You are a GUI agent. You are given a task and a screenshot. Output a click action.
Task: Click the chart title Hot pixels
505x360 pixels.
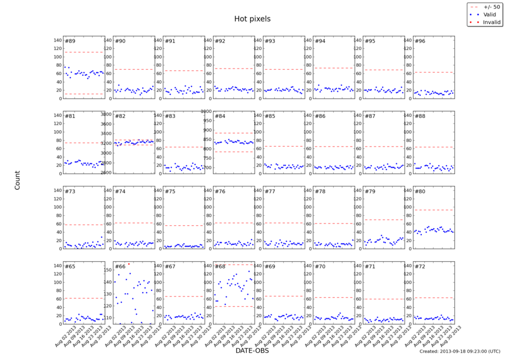pyautogui.click(x=252, y=19)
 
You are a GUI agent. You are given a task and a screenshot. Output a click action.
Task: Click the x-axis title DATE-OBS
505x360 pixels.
pyautogui.click(x=252, y=350)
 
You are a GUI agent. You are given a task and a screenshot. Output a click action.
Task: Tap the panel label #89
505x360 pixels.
pyautogui.click(x=70, y=41)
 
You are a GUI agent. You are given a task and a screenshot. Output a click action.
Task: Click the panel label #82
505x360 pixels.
pyautogui.click(x=120, y=116)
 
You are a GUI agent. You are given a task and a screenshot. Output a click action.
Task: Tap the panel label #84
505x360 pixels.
pyautogui.click(x=220, y=116)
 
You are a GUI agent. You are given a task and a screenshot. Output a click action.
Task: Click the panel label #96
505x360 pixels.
pyautogui.click(x=420, y=41)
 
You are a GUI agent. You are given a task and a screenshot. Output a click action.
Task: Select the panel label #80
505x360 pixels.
pyautogui.click(x=420, y=192)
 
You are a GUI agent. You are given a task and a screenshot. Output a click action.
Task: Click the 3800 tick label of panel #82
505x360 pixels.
pyautogui.click(x=105, y=114)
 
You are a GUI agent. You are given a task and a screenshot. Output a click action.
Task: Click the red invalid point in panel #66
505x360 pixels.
pyautogui.click(x=128, y=263)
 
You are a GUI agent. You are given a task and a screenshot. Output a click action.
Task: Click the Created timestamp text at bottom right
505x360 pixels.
pyautogui.click(x=460, y=351)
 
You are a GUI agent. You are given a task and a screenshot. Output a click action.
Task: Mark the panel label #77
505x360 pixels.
pyautogui.click(x=270, y=192)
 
